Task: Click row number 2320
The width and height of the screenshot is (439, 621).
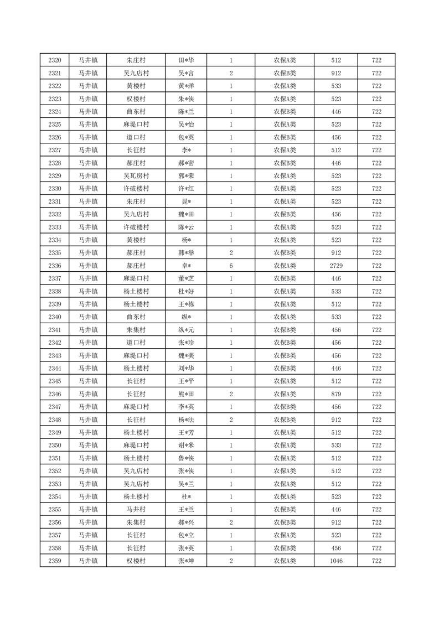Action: click(x=55, y=60)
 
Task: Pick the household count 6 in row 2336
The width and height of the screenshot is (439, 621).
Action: click(x=231, y=266)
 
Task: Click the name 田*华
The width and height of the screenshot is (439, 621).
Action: click(x=186, y=60)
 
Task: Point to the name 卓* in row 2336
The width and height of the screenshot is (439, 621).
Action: click(x=186, y=266)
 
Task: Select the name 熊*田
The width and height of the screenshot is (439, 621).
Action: click(x=186, y=394)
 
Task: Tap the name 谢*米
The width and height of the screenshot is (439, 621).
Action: click(x=186, y=446)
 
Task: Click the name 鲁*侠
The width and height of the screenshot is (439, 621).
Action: click(x=186, y=458)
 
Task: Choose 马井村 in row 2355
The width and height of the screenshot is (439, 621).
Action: click(x=136, y=510)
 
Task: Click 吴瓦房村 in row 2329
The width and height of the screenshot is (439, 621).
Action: click(x=136, y=176)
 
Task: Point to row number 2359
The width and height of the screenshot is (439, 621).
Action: click(x=55, y=561)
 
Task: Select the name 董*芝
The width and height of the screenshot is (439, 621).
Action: click(x=186, y=278)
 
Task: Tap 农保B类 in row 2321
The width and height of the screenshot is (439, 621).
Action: click(x=285, y=73)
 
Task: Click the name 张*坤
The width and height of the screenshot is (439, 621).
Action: click(x=186, y=561)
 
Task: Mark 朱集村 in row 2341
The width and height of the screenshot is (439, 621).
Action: click(x=136, y=330)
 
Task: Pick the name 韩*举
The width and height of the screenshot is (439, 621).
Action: click(x=186, y=253)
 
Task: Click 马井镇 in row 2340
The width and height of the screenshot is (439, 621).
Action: click(x=87, y=317)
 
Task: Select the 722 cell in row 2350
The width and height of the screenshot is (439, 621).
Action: click(x=376, y=446)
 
